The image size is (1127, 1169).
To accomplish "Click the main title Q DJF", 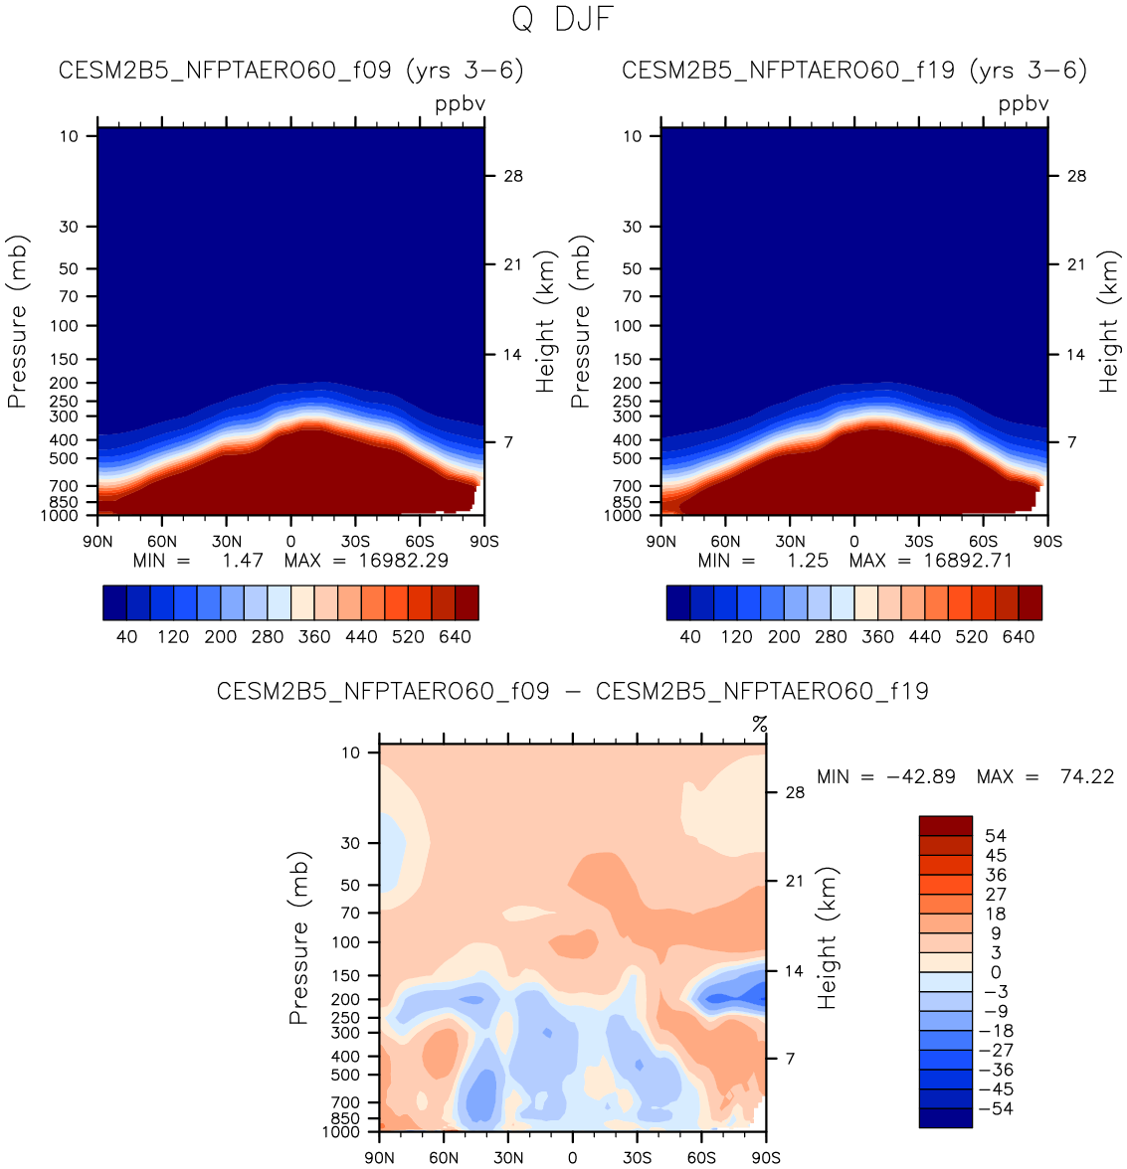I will (562, 19).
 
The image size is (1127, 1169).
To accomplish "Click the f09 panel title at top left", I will (290, 71).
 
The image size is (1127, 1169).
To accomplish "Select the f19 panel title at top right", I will (854, 71).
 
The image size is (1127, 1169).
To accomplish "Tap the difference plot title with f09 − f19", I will (572, 691).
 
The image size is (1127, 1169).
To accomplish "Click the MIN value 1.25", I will (808, 561).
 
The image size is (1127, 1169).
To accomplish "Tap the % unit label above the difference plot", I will (760, 725).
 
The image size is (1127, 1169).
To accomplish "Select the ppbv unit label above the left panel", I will (460, 103).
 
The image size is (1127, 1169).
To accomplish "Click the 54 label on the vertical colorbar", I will (996, 836).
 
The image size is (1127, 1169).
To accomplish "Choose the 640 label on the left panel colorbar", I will (455, 637).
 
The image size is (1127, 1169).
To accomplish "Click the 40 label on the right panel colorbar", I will (690, 637).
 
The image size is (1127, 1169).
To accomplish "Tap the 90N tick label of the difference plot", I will (379, 1157).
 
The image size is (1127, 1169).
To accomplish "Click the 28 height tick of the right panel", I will (1077, 176).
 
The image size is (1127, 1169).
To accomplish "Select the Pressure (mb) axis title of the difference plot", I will (299, 937).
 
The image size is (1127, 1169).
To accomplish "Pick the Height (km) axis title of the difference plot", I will (827, 937).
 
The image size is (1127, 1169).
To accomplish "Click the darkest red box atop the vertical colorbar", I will (945, 826).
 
